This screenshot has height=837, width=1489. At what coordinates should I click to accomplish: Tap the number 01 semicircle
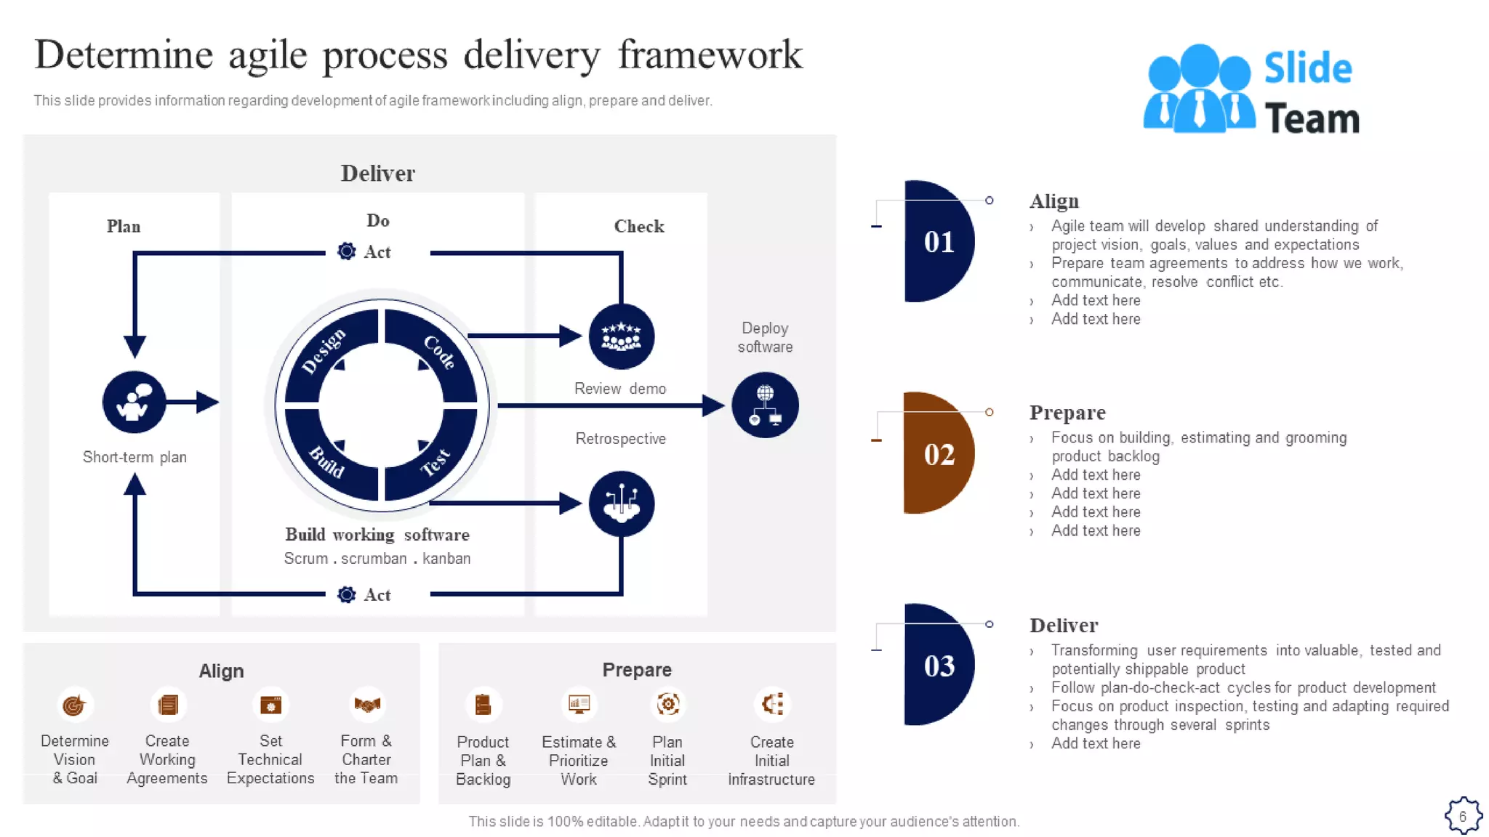937,241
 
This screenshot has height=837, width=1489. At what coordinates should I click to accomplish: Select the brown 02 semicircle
937,453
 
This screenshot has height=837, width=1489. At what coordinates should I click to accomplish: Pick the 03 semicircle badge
937,665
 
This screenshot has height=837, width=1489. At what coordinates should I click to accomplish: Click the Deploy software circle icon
764,405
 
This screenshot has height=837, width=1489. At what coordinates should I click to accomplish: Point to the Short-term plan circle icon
134,402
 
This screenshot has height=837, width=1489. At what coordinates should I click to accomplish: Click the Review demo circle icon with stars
621,336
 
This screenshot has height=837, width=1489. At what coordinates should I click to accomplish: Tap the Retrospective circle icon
621,504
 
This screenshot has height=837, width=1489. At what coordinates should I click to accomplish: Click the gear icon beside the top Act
347,251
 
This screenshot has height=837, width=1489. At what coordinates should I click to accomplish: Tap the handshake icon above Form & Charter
366,704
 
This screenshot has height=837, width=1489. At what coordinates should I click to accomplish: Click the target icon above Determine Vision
74,705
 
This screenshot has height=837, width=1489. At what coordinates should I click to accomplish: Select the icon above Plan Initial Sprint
667,704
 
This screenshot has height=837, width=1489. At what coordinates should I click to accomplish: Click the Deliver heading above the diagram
377,174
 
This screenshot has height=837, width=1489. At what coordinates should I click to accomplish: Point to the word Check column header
638,227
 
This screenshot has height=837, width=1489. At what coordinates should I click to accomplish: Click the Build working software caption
377,535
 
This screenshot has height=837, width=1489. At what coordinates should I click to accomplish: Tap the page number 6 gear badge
1462,816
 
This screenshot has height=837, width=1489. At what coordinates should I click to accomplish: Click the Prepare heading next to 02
1067,413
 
